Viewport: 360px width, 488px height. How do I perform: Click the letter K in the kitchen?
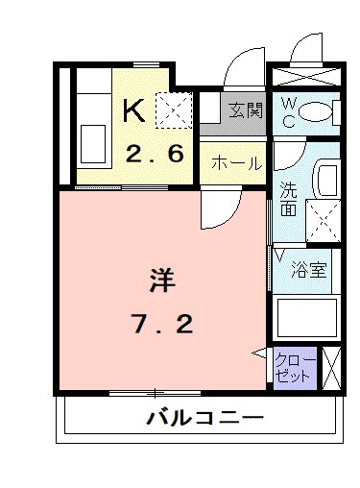click(134, 112)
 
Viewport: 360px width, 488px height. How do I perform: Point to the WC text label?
click(287, 113)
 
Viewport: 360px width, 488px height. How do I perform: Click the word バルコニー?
click(204, 419)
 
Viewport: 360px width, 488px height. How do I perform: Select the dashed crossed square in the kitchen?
click(177, 110)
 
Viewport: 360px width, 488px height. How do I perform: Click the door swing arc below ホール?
click(223, 204)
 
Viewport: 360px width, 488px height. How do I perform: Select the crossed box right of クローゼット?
click(332, 368)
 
